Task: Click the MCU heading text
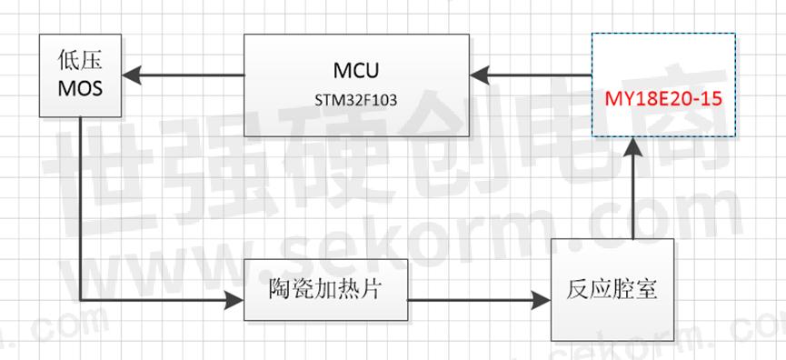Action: click(x=355, y=70)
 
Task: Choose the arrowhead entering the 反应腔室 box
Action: click(x=545, y=298)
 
